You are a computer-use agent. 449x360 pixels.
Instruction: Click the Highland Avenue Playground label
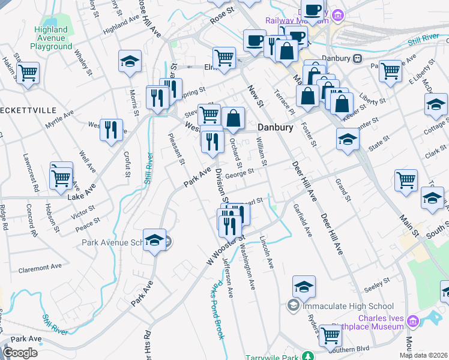click(51, 38)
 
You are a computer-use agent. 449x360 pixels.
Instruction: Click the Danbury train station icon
click(358, 59)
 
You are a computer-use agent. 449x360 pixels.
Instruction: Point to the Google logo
click(20, 352)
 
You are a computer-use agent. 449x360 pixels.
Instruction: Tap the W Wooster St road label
click(226, 245)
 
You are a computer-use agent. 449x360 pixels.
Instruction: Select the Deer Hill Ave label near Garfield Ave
click(304, 181)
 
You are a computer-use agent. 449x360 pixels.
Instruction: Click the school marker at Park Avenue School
click(155, 239)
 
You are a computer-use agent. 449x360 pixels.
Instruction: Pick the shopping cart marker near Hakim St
click(28, 74)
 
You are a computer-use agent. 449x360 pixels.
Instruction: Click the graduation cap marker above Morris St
click(130, 61)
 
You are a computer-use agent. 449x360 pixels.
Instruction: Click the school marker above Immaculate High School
click(304, 287)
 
